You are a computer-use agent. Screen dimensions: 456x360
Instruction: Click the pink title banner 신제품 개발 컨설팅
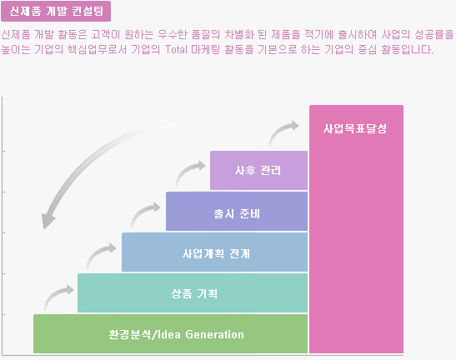56,12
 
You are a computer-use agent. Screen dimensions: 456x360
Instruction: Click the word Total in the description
177,49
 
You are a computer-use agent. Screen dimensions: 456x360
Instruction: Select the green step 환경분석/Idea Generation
170,334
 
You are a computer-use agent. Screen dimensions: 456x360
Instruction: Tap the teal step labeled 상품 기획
193,292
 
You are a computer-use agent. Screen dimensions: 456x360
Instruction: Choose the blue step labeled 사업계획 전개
214,252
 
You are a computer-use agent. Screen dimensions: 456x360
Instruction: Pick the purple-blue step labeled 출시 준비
237,211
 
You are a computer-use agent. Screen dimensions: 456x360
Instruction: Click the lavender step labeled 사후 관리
258,170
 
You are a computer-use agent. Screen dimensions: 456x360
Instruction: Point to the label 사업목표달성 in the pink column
355,128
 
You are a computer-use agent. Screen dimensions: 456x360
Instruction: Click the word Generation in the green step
214,334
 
